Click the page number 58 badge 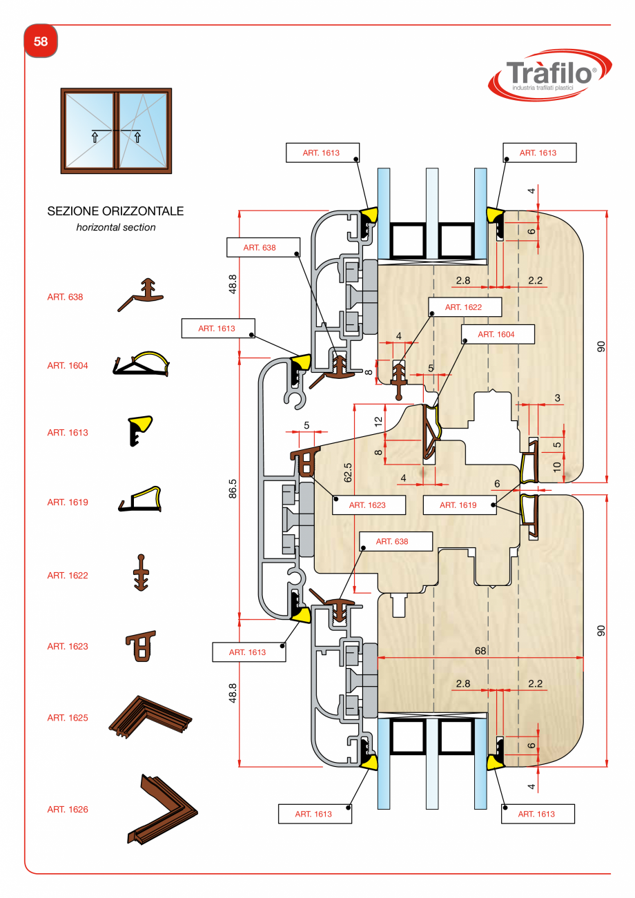coord(41,42)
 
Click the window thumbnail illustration coord(116,130)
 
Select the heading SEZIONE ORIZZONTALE coord(115,211)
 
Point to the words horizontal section coord(116,227)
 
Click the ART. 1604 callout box coord(497,334)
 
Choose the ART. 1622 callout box coord(463,307)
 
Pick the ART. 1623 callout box coord(367,505)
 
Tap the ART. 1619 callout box coord(458,505)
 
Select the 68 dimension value coord(480,650)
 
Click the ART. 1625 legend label coord(68,718)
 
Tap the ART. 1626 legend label coord(68,809)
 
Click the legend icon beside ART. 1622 coord(141,573)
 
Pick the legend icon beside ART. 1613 coord(140,431)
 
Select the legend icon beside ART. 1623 coord(141,646)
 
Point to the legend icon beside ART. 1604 coord(141,364)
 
